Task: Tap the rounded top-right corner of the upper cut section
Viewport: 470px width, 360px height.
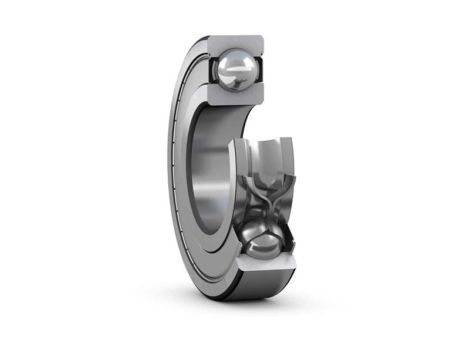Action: click(x=261, y=39)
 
